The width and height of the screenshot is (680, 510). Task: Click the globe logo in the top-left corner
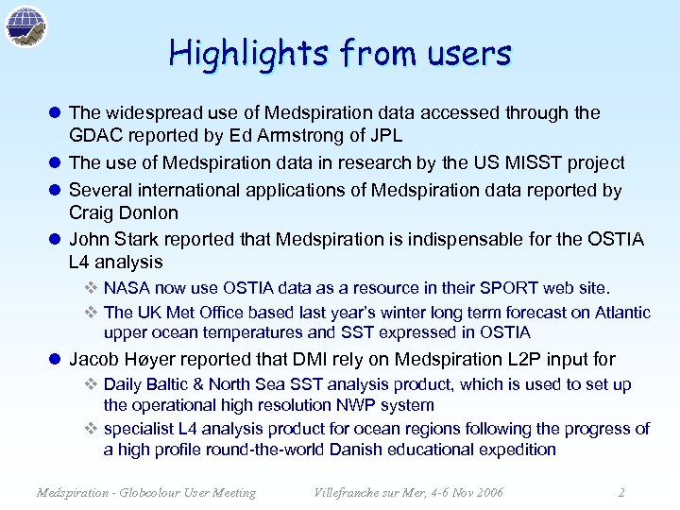[x=26, y=26]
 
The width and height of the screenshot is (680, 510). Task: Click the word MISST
[x=535, y=163]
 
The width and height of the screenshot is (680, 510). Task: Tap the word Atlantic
[x=619, y=312]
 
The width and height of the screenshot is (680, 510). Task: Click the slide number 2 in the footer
[x=620, y=492]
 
